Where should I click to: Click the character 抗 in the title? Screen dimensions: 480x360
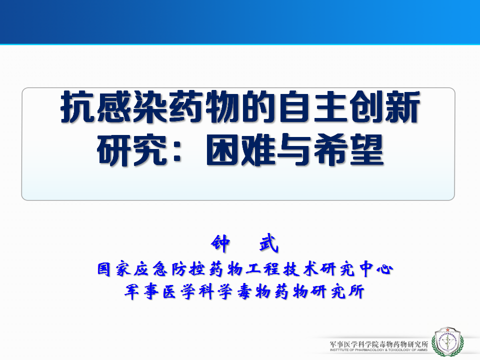(77, 107)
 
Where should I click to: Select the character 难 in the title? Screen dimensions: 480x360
(258, 150)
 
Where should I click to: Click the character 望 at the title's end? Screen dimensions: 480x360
(366, 150)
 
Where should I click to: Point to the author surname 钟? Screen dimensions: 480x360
(220, 243)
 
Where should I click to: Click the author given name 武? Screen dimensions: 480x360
(269, 243)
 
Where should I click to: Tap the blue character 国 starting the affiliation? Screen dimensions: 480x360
(104, 269)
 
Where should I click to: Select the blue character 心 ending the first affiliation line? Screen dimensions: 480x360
(385, 269)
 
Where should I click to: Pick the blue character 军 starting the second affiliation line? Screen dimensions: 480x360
(131, 291)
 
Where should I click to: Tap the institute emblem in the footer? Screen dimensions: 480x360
(447, 341)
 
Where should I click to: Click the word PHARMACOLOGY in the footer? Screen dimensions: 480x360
(369, 349)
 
